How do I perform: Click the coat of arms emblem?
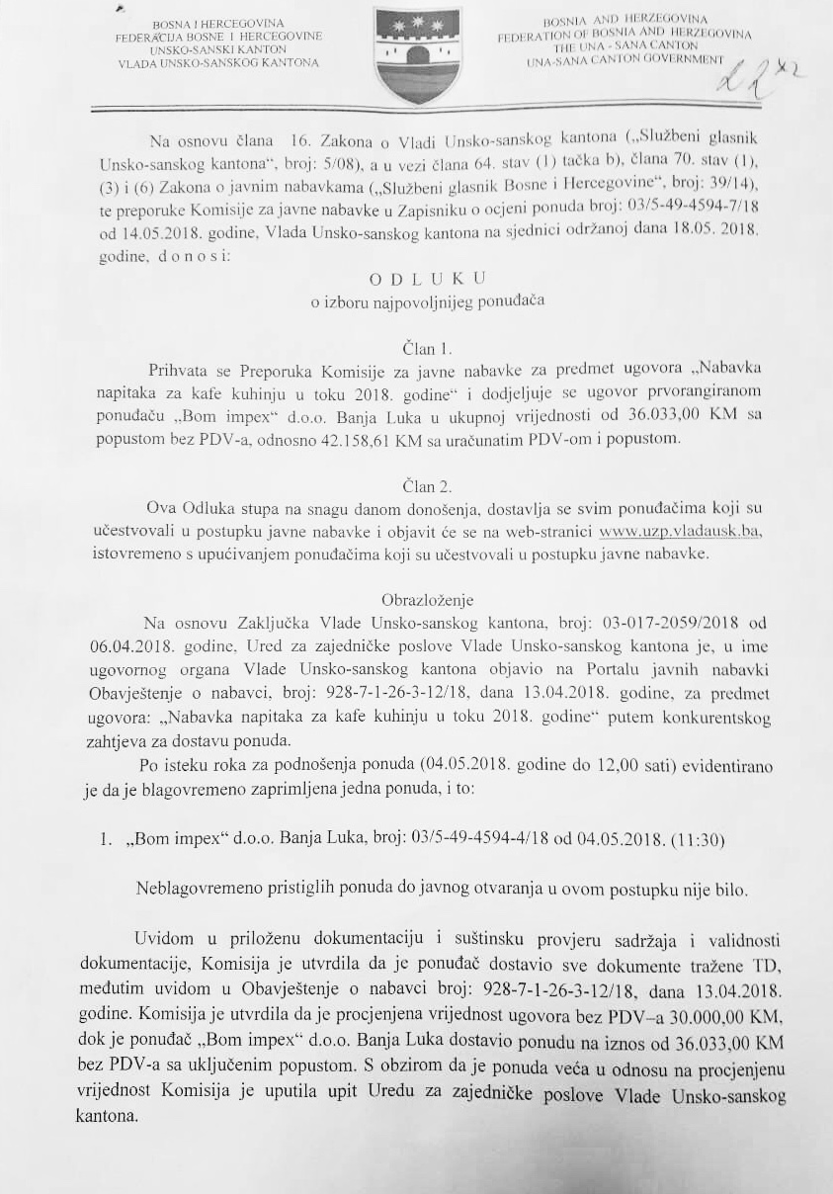(418, 54)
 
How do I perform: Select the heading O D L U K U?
(427, 280)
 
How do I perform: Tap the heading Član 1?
(428, 349)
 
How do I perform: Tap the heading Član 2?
(428, 486)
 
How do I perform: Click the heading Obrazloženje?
(428, 600)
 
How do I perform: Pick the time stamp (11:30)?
(697, 841)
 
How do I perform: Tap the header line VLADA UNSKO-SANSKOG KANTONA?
(217, 62)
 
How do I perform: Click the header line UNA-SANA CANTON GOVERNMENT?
(625, 58)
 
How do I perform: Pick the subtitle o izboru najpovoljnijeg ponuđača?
(427, 302)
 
